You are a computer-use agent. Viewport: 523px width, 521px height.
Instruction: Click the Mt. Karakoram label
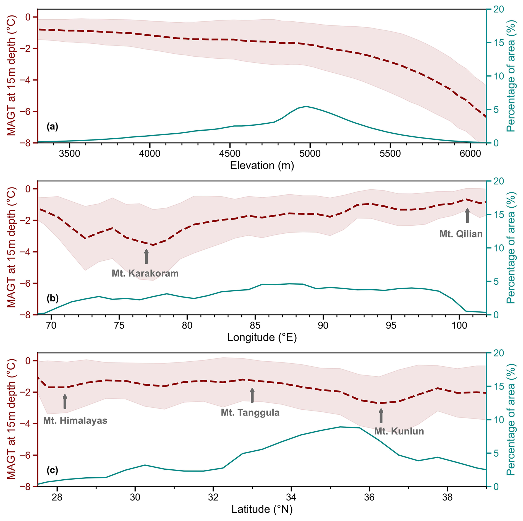(x=145, y=273)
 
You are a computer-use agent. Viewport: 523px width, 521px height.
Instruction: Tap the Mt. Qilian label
(x=461, y=234)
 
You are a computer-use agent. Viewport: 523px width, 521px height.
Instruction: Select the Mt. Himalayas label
(x=75, y=420)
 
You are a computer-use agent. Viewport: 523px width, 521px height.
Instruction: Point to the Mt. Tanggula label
(x=250, y=412)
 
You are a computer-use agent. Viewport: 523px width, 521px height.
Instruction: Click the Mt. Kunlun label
(x=399, y=431)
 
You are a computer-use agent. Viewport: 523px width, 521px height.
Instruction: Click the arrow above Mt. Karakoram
(x=147, y=256)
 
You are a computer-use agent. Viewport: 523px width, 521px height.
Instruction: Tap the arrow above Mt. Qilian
(x=467, y=216)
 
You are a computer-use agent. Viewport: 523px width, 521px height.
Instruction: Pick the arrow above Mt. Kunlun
(x=381, y=416)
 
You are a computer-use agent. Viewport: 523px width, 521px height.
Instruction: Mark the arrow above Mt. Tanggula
(x=252, y=395)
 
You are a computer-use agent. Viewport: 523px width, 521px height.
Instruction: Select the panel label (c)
(x=52, y=470)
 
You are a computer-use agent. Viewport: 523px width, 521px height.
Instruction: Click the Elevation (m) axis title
(x=262, y=165)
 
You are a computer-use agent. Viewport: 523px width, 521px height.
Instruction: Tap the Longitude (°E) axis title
(x=262, y=337)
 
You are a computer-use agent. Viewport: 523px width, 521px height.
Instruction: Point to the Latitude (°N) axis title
(x=262, y=509)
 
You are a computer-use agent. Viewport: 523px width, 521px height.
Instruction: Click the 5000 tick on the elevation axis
(x=310, y=153)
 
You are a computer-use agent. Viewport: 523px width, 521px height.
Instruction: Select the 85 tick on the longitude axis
(x=255, y=325)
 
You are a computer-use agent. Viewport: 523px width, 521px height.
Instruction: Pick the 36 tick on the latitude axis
(x=369, y=497)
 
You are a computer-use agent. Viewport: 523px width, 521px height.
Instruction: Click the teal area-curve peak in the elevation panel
(x=306, y=106)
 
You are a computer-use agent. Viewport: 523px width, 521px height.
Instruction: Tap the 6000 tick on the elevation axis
(x=470, y=153)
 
